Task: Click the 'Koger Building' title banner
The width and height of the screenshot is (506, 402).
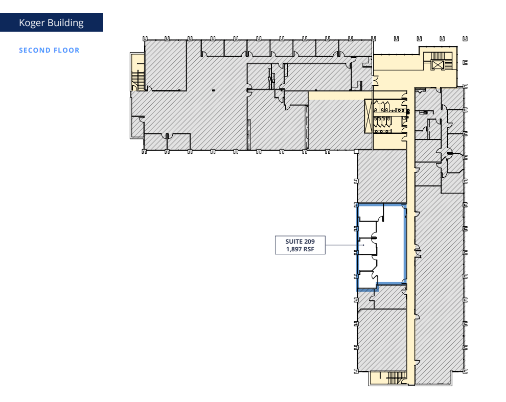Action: coord(51,22)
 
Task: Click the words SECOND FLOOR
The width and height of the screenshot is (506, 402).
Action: coord(49,50)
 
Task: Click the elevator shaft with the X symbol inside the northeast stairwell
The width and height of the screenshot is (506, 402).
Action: coord(438,64)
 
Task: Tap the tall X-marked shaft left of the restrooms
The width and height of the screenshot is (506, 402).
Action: coord(369,116)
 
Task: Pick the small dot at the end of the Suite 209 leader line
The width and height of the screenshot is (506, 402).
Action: coord(363,245)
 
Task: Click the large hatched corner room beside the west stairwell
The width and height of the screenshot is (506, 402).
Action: coord(166,64)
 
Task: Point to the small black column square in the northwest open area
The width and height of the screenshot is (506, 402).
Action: coord(213,90)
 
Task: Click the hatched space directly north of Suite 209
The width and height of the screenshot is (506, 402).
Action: coord(381,176)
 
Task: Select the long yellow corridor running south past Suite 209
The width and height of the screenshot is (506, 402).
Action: coord(410,255)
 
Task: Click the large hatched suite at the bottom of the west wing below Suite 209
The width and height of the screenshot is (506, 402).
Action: coord(381,340)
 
